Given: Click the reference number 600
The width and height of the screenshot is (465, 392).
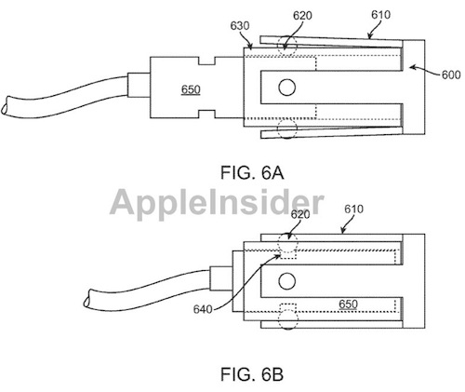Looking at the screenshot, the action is click(x=451, y=74).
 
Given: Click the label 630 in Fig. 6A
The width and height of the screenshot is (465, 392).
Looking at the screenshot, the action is click(x=240, y=26).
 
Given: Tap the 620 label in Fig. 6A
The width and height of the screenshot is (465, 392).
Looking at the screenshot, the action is click(x=302, y=16).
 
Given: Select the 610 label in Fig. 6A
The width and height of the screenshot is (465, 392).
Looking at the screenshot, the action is click(x=380, y=14).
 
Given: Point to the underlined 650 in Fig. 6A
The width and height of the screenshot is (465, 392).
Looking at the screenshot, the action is click(x=191, y=89).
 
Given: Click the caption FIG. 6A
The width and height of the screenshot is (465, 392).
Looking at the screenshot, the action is click(x=252, y=172).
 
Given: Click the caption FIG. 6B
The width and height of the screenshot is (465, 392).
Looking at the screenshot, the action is click(x=252, y=374).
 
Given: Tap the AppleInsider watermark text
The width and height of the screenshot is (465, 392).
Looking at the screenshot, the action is click(x=217, y=203).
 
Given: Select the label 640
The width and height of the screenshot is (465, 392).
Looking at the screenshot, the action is click(x=203, y=309).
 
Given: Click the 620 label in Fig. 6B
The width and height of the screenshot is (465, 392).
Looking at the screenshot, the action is click(x=300, y=214).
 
